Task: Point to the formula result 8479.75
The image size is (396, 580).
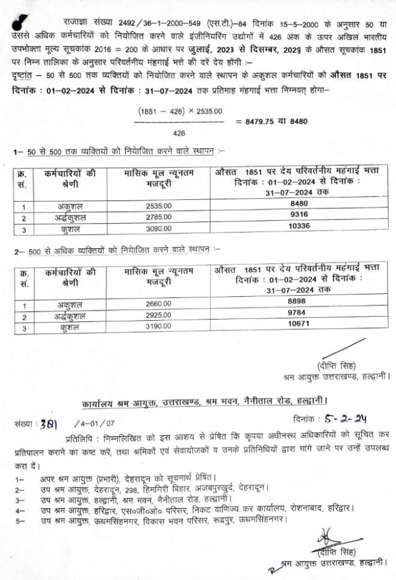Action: (262, 122)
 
